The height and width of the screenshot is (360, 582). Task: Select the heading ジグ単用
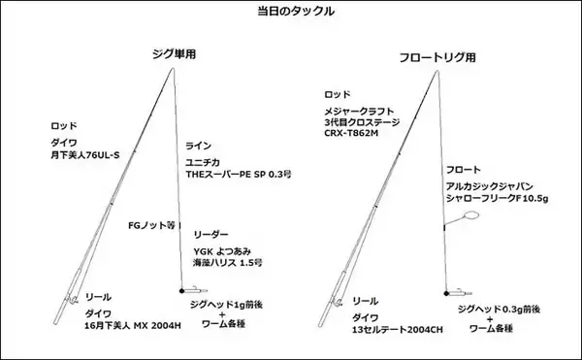pyautogui.click(x=175, y=54)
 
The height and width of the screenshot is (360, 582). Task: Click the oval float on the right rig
pyautogui.click(x=472, y=215)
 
